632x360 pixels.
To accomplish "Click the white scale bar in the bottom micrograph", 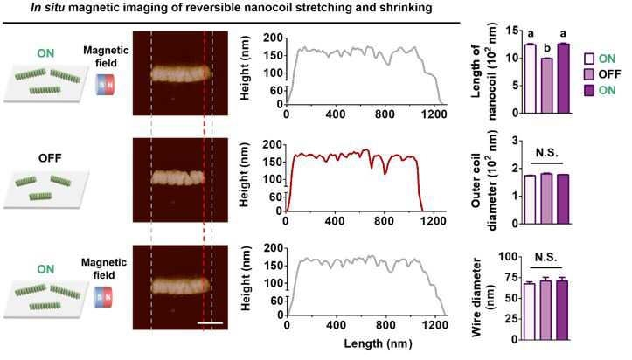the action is (210, 322).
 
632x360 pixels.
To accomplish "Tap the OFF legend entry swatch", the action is (589, 74).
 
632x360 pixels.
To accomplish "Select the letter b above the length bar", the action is (547, 49).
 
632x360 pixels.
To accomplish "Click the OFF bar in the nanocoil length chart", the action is (547, 86).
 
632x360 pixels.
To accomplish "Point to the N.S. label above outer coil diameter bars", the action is (547, 153).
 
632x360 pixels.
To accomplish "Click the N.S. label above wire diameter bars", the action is (546, 257).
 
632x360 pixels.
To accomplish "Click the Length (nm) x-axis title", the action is (379, 343).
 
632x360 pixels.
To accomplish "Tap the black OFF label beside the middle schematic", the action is (50, 157).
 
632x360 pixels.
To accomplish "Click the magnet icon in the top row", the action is (106, 85).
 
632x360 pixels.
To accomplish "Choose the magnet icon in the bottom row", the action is (103, 297).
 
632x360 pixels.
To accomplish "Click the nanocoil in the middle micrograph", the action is (177, 177).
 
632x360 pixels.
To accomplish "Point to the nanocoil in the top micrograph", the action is (181, 73).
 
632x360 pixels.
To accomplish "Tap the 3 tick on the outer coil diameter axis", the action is (514, 140).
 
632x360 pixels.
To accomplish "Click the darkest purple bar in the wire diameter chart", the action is (562, 310).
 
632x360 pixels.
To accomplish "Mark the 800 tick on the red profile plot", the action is (384, 221).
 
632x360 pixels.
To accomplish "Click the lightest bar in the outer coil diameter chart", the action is (529, 199).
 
